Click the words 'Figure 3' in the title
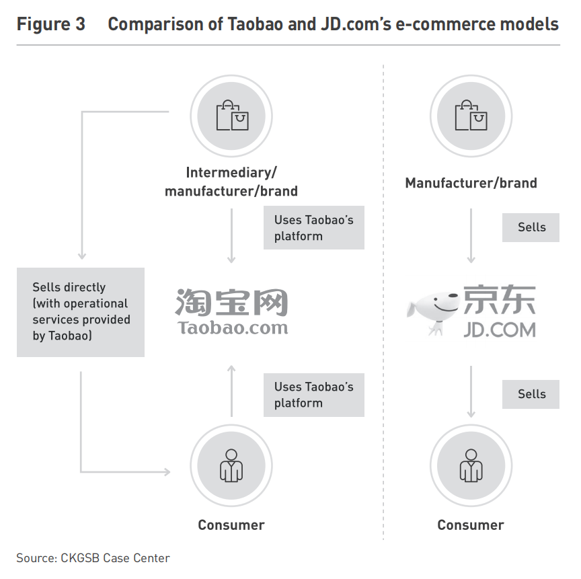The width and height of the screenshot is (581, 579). pos(51,25)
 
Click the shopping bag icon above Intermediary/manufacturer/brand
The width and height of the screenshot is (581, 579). pos(231,116)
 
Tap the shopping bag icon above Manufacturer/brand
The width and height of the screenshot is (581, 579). pos(471,116)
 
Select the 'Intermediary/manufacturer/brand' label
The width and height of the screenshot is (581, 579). pos(231,182)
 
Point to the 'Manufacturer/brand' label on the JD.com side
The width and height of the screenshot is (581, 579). pos(471,183)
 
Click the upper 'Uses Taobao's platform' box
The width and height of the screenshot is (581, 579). pos(313,228)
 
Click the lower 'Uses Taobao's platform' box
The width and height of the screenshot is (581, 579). pos(313,395)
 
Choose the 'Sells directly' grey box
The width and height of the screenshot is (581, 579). pos(81,312)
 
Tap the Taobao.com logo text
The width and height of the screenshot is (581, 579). pos(233,328)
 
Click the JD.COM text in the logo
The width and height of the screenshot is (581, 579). pos(499,330)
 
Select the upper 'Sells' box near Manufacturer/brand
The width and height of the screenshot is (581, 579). pos(531,227)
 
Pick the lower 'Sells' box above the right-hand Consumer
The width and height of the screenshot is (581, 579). pos(531,394)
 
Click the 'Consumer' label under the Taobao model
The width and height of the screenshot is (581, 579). pos(231,525)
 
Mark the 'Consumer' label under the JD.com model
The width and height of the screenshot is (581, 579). pos(471,525)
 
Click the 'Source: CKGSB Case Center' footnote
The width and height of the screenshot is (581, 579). pos(93,558)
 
